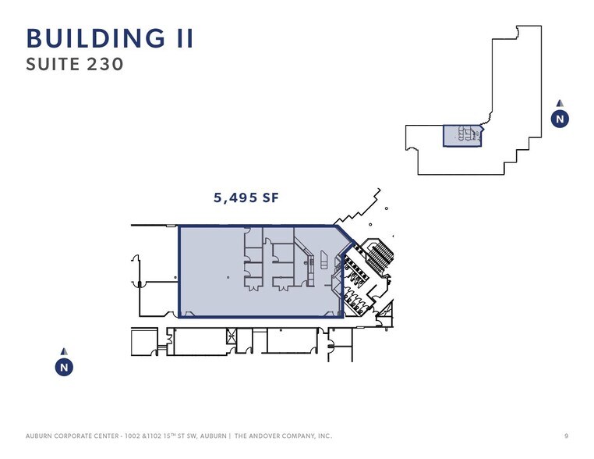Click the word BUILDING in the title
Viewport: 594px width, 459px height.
96,38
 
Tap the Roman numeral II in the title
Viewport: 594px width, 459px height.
186,38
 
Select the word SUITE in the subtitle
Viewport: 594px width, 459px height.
53,64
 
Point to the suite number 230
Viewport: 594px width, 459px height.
105,64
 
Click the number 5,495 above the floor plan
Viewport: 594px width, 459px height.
235,197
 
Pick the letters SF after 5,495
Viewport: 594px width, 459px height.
270,197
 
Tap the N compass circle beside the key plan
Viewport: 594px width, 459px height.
560,119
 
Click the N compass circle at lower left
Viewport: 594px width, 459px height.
64,367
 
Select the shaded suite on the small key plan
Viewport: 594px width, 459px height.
462,136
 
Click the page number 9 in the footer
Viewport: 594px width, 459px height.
567,436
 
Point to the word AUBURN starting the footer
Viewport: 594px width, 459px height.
38,436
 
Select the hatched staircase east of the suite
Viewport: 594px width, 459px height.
380,257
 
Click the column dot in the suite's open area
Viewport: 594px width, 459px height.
228,277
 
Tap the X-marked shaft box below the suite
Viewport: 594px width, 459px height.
231,336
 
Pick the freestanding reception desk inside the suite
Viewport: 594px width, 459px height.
324,260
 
